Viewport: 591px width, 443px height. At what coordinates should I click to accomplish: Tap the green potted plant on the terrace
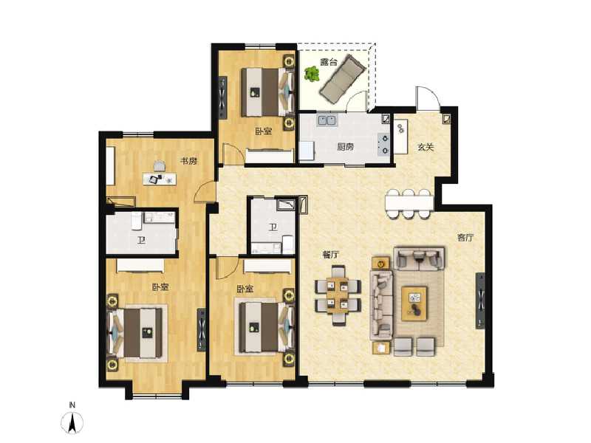pyautogui.click(x=311, y=75)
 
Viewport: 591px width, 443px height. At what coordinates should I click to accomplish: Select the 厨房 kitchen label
pyautogui.click(x=345, y=146)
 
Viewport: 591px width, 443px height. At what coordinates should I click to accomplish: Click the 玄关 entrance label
pyautogui.click(x=424, y=146)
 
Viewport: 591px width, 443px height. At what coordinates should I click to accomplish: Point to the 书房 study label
pyautogui.click(x=189, y=161)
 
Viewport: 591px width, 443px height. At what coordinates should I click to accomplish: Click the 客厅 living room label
pyautogui.click(x=465, y=237)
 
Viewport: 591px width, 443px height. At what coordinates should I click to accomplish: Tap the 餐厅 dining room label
pyautogui.click(x=330, y=254)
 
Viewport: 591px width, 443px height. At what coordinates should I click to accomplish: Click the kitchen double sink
pyautogui.click(x=327, y=120)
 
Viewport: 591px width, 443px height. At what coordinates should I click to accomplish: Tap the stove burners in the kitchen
pyautogui.click(x=383, y=143)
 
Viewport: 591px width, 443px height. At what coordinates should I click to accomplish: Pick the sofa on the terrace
pyautogui.click(x=342, y=80)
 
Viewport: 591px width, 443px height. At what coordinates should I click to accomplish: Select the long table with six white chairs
pyautogui.click(x=408, y=204)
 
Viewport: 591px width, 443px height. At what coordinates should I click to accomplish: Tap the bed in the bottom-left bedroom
pyautogui.click(x=140, y=333)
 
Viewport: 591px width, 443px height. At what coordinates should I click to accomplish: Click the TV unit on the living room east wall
pyautogui.click(x=481, y=302)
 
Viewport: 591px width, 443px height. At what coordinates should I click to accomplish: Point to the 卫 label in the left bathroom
pyautogui.click(x=140, y=239)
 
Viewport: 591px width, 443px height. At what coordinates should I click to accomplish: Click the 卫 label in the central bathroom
pyautogui.click(x=273, y=227)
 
